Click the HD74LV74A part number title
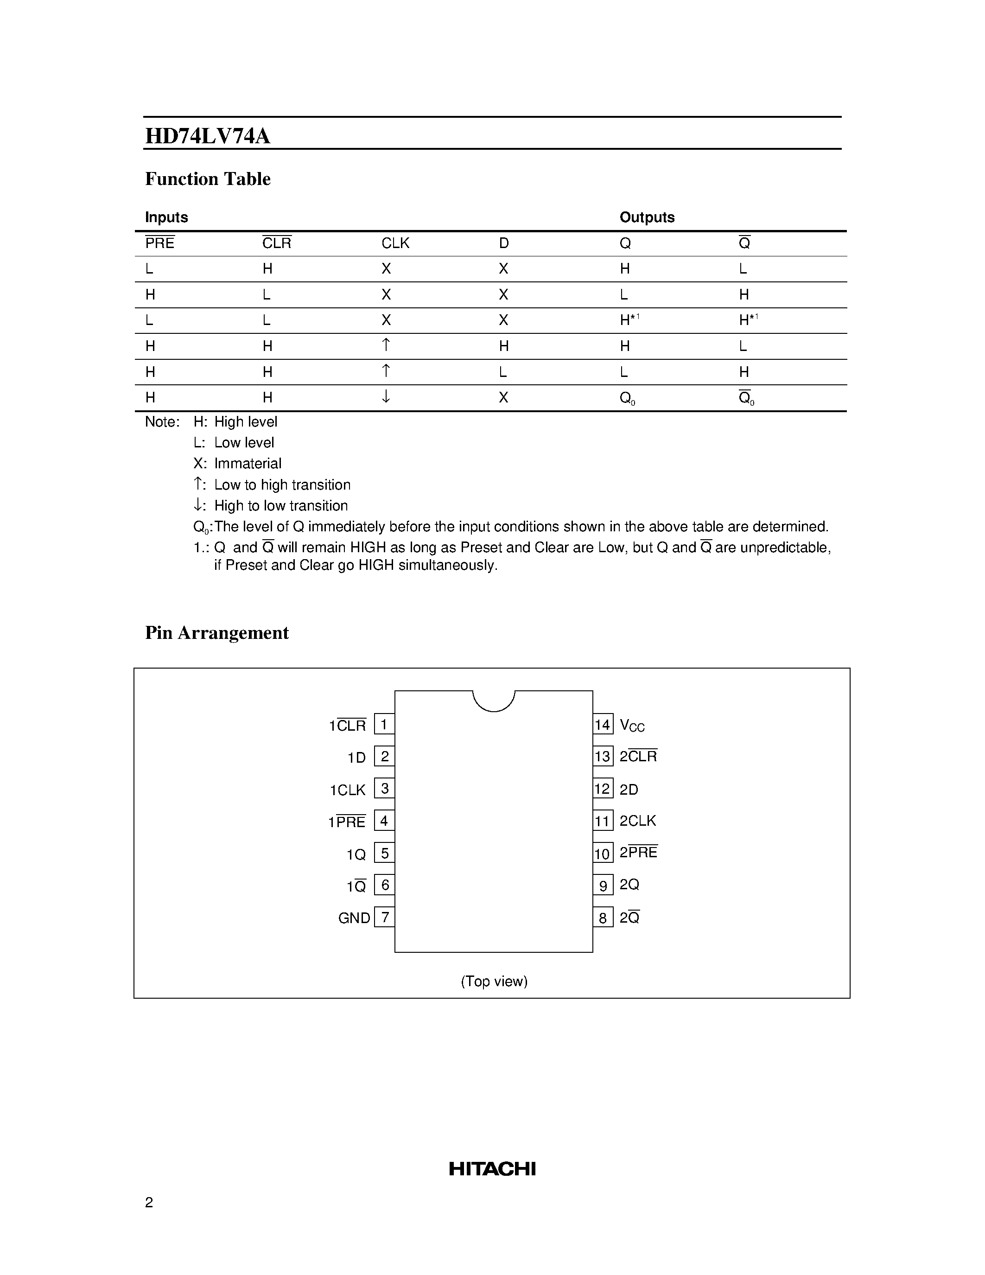[207, 136]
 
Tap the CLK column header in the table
[395, 243]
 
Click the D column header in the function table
[503, 243]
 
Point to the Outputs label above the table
[647, 217]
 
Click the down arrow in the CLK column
[386, 397]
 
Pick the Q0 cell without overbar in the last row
[627, 398]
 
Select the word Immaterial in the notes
[248, 464]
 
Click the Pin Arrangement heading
[216, 633]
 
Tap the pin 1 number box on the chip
[384, 725]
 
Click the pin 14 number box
[602, 725]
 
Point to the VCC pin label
[632, 726]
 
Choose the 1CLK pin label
[347, 790]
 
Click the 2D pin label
[629, 789]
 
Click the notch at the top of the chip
[494, 700]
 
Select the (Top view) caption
[494, 982]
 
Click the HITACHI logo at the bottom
[492, 1168]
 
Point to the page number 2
[149, 1202]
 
